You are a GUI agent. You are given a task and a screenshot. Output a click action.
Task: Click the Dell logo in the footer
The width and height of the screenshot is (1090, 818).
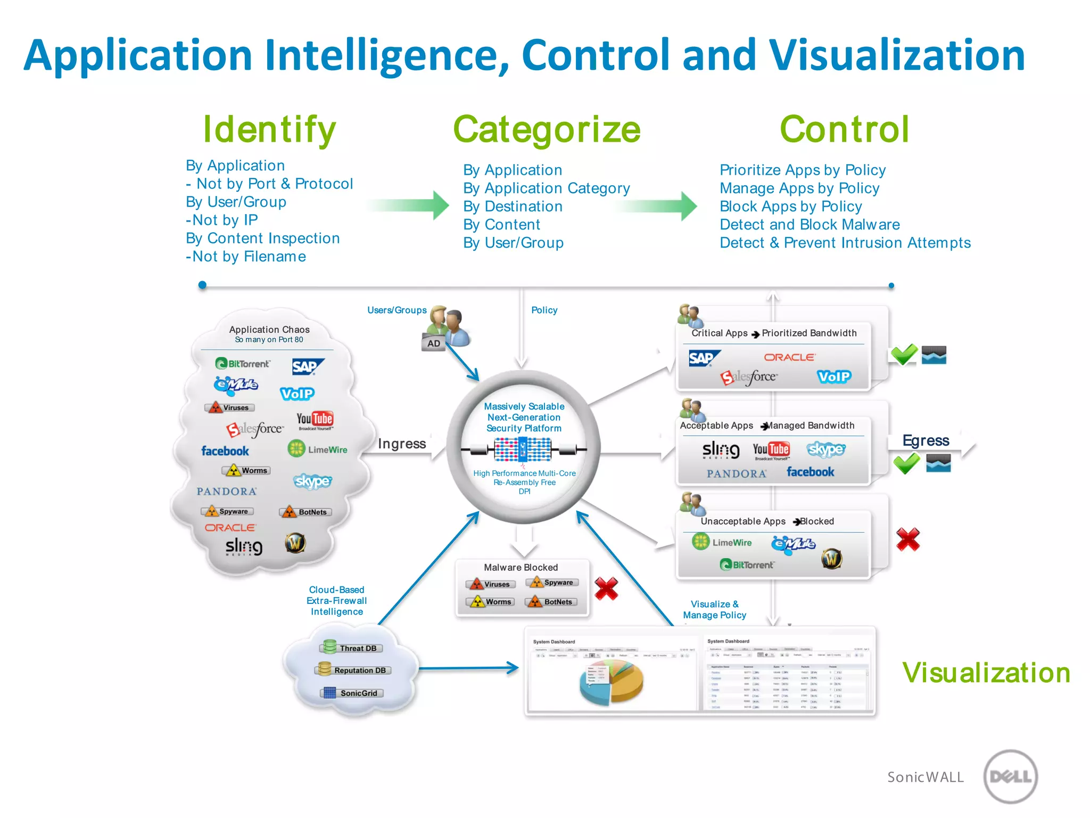[x=1010, y=776]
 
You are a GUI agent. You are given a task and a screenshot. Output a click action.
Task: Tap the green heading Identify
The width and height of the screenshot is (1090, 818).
[x=269, y=129]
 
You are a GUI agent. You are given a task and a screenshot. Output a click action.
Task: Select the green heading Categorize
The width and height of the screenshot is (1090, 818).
[x=547, y=129]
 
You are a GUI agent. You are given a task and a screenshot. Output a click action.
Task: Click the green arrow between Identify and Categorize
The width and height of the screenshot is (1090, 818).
[x=410, y=205]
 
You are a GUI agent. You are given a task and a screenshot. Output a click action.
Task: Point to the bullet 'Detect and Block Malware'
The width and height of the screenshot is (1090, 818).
[x=810, y=225]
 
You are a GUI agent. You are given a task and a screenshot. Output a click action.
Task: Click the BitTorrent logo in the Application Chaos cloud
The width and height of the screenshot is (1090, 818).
[x=243, y=364]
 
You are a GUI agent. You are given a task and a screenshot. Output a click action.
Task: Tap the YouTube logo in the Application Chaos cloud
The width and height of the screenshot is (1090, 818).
[x=315, y=420]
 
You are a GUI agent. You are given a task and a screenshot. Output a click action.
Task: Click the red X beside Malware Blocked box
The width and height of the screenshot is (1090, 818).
[x=606, y=588]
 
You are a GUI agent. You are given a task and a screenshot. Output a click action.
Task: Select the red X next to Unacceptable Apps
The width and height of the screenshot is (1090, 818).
[x=908, y=539]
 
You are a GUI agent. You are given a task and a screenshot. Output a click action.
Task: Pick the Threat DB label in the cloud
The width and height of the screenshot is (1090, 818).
[x=351, y=648]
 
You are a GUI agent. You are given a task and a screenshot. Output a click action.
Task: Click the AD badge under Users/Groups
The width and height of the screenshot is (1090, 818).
[x=434, y=343]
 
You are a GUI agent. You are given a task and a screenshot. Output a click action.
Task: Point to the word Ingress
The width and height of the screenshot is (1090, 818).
[x=402, y=444]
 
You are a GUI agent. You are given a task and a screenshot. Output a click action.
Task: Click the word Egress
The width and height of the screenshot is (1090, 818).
[x=926, y=440]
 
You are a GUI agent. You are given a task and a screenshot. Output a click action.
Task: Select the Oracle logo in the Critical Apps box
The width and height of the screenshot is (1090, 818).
[x=789, y=357]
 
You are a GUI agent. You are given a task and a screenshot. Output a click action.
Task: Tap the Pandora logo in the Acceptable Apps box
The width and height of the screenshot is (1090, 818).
[x=737, y=473]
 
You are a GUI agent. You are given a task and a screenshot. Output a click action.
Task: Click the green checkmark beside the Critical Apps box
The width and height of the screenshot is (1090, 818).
[x=904, y=354]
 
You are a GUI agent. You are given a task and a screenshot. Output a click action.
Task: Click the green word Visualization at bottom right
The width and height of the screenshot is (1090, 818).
[x=986, y=673]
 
